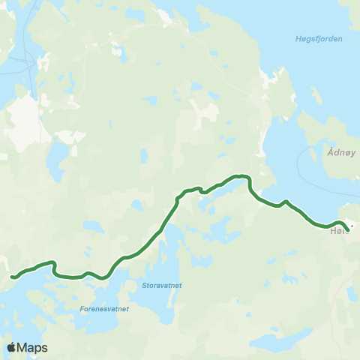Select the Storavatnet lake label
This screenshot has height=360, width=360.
pyautogui.click(x=161, y=285)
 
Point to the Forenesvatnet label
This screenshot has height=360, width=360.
pyautogui.click(x=104, y=308)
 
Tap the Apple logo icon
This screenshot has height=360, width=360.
pyautogui.click(x=12, y=347)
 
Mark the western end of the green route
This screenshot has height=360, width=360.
pyautogui.click(x=12, y=278)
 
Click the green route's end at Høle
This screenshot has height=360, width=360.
pyautogui.click(x=348, y=229)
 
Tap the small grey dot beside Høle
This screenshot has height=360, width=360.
pyautogui.click(x=350, y=223)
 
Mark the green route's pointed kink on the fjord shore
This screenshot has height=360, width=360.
pyautogui.click(x=286, y=201)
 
